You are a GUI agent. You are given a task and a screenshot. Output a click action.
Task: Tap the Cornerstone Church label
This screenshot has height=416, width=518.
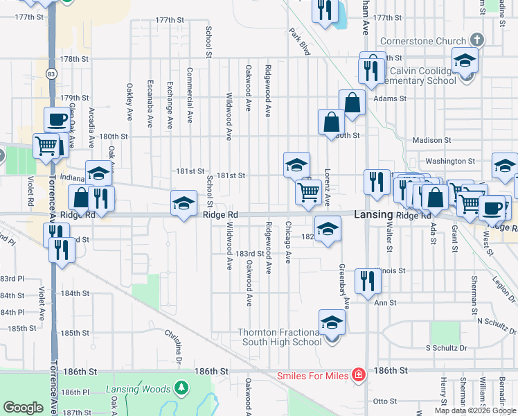pyautogui.click(x=429, y=40)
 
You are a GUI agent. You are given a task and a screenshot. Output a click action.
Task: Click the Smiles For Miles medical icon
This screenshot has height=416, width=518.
pyautogui.click(x=358, y=376)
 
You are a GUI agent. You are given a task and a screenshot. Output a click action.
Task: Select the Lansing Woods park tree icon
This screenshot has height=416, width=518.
pyautogui.click(x=181, y=387)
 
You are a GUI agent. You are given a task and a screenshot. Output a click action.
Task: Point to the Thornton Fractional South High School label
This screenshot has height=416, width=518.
pyautogui.click(x=280, y=337)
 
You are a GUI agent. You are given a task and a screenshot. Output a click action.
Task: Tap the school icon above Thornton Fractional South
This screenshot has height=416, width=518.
pyautogui.click(x=332, y=322)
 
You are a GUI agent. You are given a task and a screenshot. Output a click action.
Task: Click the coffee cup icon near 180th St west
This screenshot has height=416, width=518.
pyautogui.click(x=56, y=119)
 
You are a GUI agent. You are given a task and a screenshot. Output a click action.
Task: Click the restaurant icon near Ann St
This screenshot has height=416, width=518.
pyautogui.click(x=368, y=279)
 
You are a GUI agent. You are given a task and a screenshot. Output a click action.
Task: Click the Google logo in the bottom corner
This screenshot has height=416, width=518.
pyautogui.click(x=23, y=408)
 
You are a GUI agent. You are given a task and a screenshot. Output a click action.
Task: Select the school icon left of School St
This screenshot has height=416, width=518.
pyautogui.click(x=184, y=203)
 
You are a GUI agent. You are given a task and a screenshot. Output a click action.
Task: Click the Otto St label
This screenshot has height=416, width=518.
pyautogui.click(x=384, y=401)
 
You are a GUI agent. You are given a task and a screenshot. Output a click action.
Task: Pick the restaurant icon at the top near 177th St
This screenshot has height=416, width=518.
pyautogui.click(x=324, y=10)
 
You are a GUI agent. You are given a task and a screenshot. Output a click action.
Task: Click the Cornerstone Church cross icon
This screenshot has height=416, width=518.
pyautogui.click(x=477, y=40)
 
